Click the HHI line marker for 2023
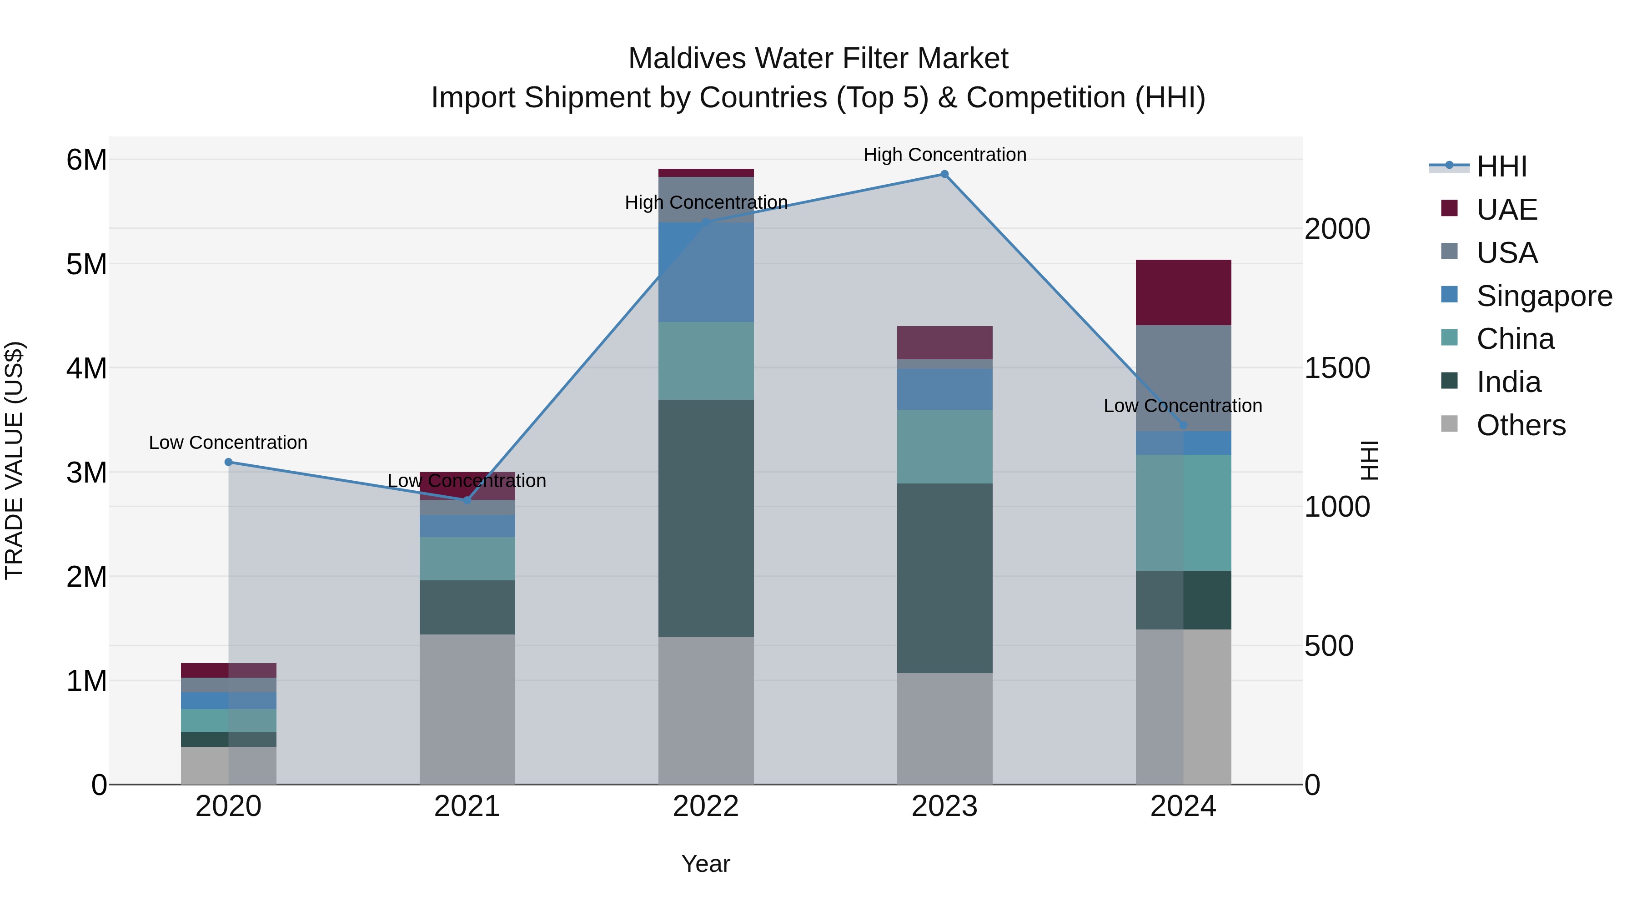pos(944,174)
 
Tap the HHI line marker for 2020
pos(229,462)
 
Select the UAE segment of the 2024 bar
pos(1183,292)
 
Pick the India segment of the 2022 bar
pos(706,518)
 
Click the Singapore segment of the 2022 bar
pos(706,272)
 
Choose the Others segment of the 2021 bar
pos(467,709)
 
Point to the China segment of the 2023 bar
pos(944,446)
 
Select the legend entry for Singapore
pos(1544,296)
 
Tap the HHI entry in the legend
pos(1501,166)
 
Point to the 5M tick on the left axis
pos(86,264)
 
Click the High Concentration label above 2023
pos(944,155)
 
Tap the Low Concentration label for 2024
pos(1183,406)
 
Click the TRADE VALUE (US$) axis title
pos(14,460)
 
